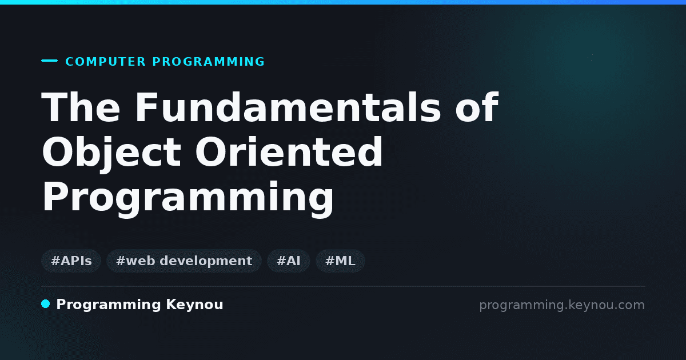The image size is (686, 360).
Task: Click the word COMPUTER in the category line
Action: tap(105, 62)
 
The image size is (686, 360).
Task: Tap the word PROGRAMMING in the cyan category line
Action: tap(208, 62)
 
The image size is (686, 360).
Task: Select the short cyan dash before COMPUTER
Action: tap(49, 61)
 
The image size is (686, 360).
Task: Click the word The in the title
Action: tap(81, 107)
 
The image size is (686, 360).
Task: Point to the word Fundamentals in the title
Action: tap(288, 107)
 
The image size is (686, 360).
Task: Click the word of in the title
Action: tap(477, 107)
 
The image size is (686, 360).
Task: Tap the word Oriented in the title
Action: tap(289, 152)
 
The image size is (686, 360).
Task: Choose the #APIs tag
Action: tap(71, 261)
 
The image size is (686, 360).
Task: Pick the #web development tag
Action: tap(184, 261)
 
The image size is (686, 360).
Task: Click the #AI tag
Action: tap(289, 261)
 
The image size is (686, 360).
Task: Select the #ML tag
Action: tap(340, 261)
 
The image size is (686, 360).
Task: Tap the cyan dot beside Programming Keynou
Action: tap(45, 304)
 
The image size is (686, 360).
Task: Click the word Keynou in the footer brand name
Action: tap(194, 305)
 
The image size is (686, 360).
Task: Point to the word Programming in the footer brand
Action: tap(109, 305)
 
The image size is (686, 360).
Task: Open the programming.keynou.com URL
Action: tap(562, 305)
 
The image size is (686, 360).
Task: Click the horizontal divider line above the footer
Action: tap(343, 286)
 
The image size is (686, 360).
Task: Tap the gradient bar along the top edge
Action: tap(343, 2)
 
